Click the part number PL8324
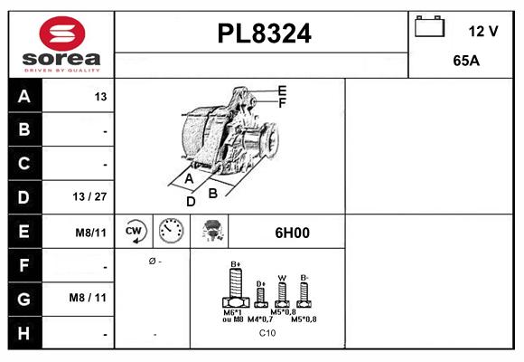(264, 33)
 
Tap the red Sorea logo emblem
(62, 33)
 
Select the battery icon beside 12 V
(429, 26)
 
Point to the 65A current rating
(466, 61)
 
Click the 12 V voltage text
(483, 31)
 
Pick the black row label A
(24, 96)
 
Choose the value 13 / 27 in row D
(89, 196)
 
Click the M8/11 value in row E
(90, 233)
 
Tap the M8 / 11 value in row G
(88, 298)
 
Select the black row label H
(24, 333)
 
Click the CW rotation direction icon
(134, 231)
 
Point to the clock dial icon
(171, 231)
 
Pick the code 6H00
(292, 233)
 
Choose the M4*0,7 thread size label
(260, 319)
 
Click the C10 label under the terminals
(267, 333)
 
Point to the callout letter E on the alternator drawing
(282, 90)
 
